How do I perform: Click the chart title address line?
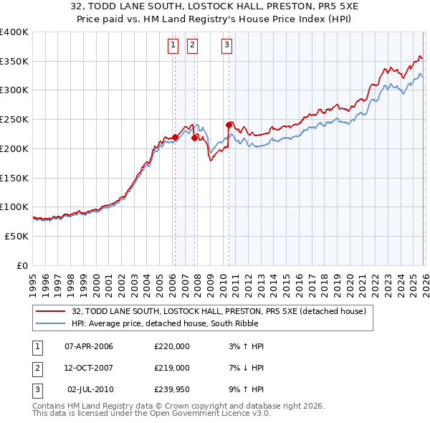[214, 7]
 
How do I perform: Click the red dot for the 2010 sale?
[229, 125]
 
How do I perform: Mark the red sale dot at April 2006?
[175, 136]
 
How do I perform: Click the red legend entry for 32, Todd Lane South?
[219, 311]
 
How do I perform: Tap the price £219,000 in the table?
[171, 367]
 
